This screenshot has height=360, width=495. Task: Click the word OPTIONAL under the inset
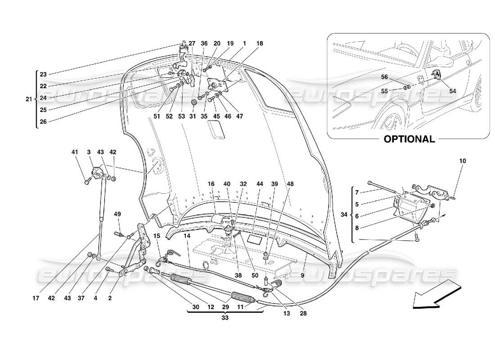tap(409, 139)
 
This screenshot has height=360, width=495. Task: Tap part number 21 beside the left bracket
tap(28, 99)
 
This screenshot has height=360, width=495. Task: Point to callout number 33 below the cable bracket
tap(224, 317)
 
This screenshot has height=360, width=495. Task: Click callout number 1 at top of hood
tap(244, 43)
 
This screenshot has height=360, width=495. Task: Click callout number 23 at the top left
tap(43, 75)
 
